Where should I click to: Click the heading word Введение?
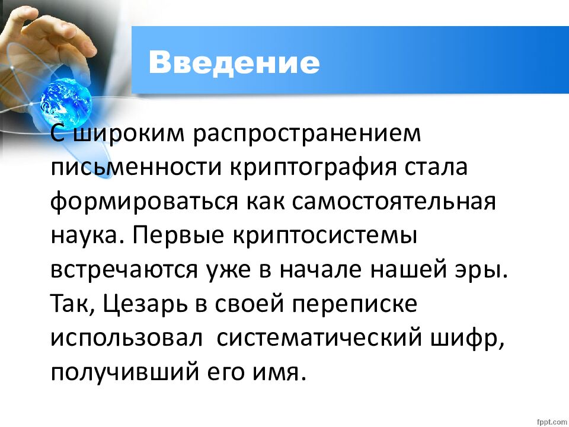coord(234,61)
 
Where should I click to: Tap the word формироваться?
coord(144,202)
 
